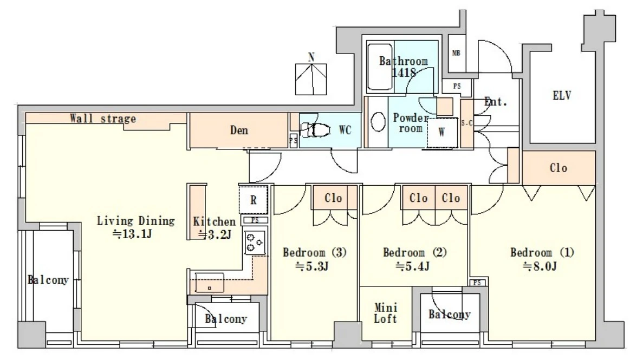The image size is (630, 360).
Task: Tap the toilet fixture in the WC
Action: pyautogui.click(x=315, y=130)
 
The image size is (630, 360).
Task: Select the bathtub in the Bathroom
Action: pyautogui.click(x=380, y=67)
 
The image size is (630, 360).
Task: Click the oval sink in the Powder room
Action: pyautogui.click(x=378, y=122)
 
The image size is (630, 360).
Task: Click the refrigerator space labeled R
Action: pyautogui.click(x=253, y=200)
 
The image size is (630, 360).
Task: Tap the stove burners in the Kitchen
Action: pyautogui.click(x=255, y=243)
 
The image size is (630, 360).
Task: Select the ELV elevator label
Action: pyautogui.click(x=562, y=95)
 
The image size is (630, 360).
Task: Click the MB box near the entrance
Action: pyautogui.click(x=457, y=53)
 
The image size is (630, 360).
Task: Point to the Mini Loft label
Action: pyautogui.click(x=386, y=313)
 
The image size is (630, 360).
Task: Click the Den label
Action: pyautogui.click(x=239, y=130)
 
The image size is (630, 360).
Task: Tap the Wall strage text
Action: pyautogui.click(x=103, y=119)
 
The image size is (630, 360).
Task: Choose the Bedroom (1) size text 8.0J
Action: pyautogui.click(x=540, y=266)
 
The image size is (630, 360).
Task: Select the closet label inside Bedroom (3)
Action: pyautogui.click(x=333, y=198)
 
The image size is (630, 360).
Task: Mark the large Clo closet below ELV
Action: pyautogui.click(x=558, y=168)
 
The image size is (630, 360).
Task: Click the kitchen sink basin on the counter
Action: pyautogui.click(x=209, y=283)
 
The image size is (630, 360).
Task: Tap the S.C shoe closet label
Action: pyautogui.click(x=467, y=123)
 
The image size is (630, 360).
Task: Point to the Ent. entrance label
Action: pyautogui.click(x=496, y=102)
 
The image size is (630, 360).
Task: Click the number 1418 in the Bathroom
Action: pyautogui.click(x=404, y=73)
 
